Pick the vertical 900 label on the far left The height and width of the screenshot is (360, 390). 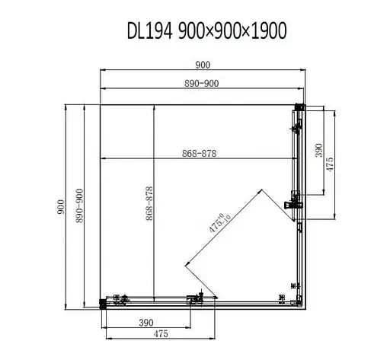[60, 205]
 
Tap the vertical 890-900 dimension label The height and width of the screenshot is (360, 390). [80, 205]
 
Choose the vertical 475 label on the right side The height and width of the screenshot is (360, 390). [331, 162]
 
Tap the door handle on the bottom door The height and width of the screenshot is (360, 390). [201, 297]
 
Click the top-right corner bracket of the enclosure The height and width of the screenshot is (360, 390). [300, 107]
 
